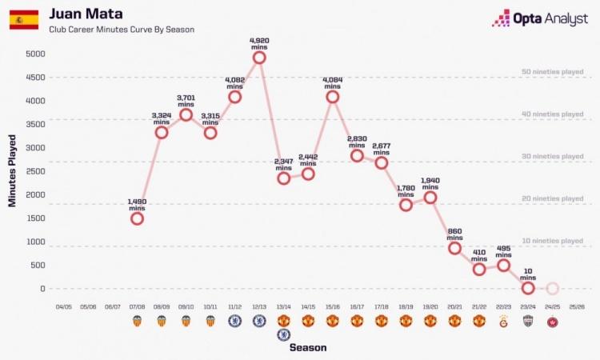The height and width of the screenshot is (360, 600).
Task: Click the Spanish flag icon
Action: [24, 20]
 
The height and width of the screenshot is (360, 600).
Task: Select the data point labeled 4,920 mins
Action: [259, 58]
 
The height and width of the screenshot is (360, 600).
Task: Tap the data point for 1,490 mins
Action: [137, 218]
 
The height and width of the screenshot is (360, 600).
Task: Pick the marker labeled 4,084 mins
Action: [333, 97]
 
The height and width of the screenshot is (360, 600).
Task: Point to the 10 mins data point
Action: [528, 288]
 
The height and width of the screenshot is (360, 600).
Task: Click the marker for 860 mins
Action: [454, 248]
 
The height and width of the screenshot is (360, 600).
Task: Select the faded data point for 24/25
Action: [552, 289]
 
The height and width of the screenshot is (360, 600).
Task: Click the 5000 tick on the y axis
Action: [34, 54]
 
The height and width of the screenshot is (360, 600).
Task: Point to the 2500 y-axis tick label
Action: [34, 171]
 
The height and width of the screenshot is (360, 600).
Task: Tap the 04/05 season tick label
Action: [64, 306]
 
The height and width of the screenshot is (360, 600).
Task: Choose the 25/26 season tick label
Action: [577, 306]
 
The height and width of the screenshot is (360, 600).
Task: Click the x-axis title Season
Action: [307, 348]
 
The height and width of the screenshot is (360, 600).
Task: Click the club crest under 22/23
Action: [503, 321]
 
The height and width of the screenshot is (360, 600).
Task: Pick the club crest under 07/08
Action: [137, 321]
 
